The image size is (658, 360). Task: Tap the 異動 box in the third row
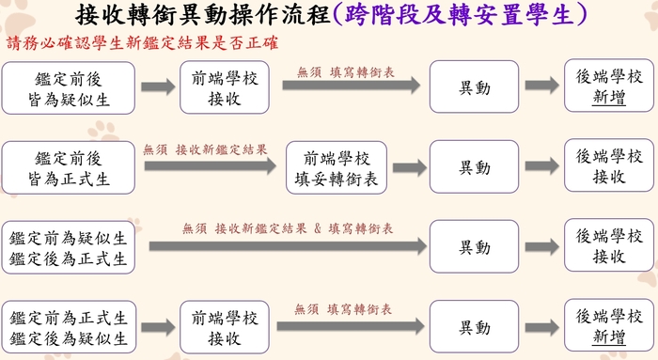(474, 247)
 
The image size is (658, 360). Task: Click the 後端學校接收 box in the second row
(609, 165)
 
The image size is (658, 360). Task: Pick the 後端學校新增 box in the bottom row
(609, 326)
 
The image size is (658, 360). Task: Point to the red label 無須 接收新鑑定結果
(205, 149)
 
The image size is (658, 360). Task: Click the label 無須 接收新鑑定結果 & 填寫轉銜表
(288, 228)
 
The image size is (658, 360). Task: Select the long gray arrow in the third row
(282, 247)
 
